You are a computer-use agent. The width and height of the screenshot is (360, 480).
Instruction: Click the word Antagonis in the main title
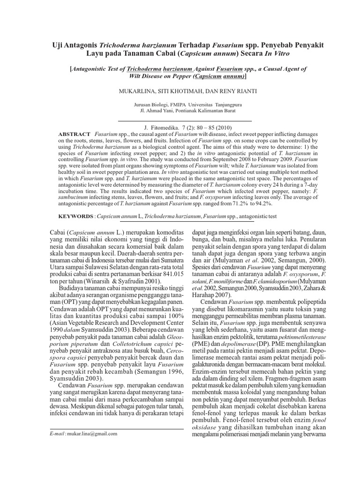pyautogui.click(x=78, y=45)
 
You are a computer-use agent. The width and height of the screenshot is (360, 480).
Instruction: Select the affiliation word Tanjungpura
pyautogui.click(x=226, y=105)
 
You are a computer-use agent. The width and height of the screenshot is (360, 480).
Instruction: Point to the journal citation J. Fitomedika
pyautogui.click(x=163, y=127)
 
